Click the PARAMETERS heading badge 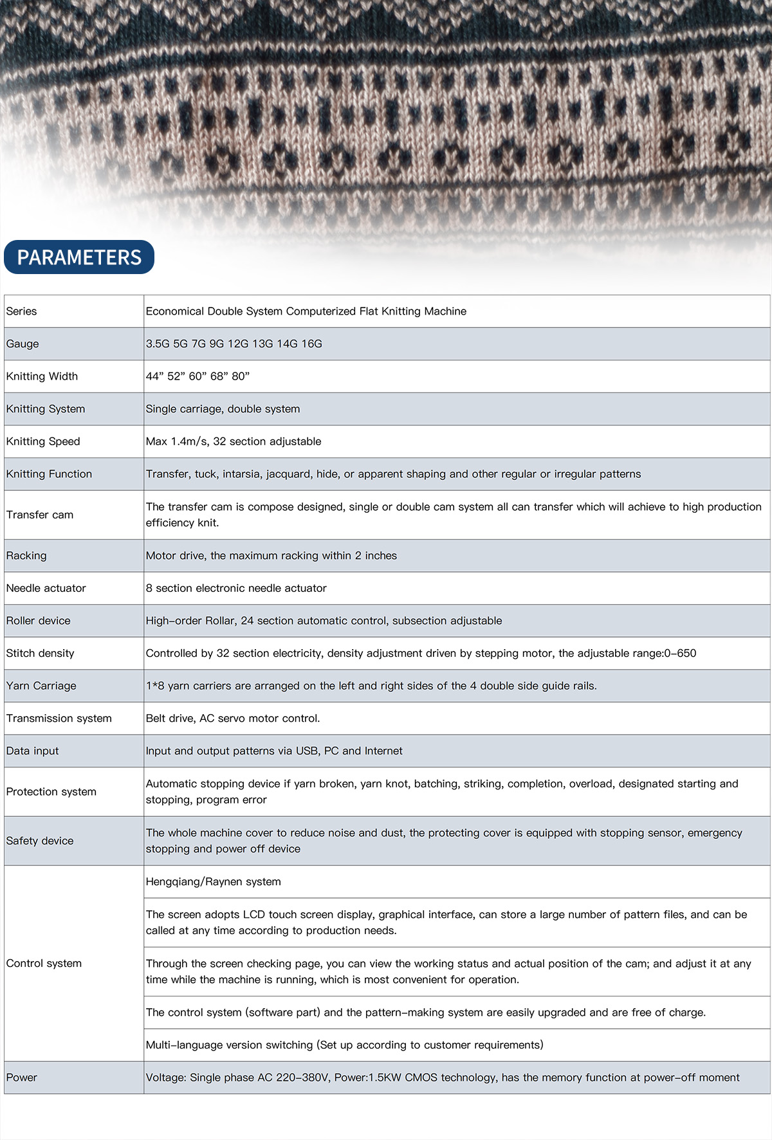[79, 257]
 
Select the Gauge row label [23, 344]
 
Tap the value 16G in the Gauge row [312, 344]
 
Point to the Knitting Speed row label [43, 441]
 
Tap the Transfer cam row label [40, 515]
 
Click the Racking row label [26, 556]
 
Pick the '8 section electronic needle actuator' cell [236, 588]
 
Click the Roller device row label [38, 621]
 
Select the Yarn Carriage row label [41, 686]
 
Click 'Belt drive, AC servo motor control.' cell [233, 719]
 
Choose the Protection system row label [51, 792]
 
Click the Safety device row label [40, 841]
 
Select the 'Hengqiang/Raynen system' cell [214, 882]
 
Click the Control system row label [44, 964]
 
